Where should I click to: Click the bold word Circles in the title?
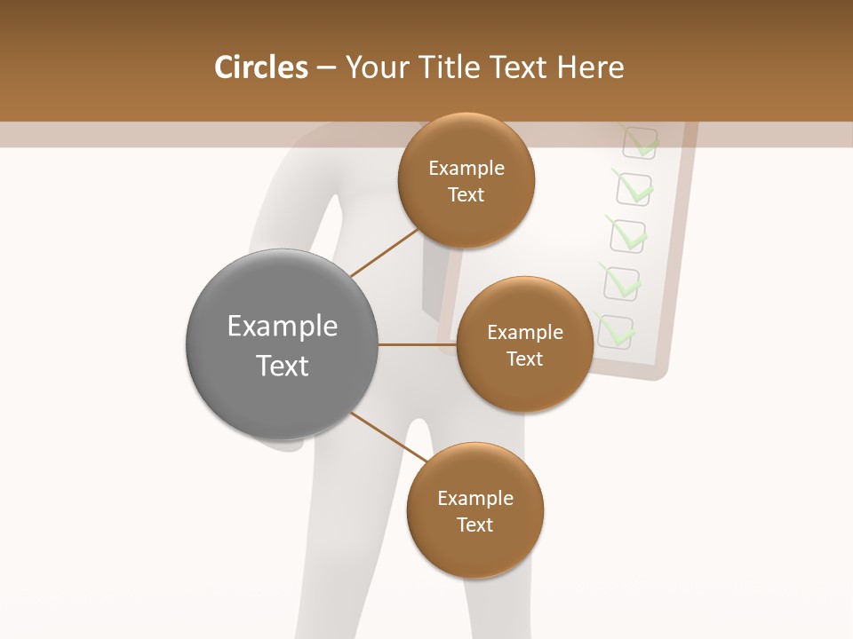coord(260,67)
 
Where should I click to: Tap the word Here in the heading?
coord(590,67)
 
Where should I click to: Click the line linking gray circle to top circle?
coord(384,252)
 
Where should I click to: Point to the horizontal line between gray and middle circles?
coord(417,344)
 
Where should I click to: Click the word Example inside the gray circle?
coord(282,327)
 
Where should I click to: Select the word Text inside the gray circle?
coord(282,366)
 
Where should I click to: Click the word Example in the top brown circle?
coord(466,169)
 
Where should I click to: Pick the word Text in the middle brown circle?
coord(524,359)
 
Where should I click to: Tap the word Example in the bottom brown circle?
coord(474,499)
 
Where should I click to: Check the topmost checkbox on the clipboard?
coord(639,143)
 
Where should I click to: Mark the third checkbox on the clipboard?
coord(628,236)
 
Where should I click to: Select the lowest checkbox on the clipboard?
coord(615,331)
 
